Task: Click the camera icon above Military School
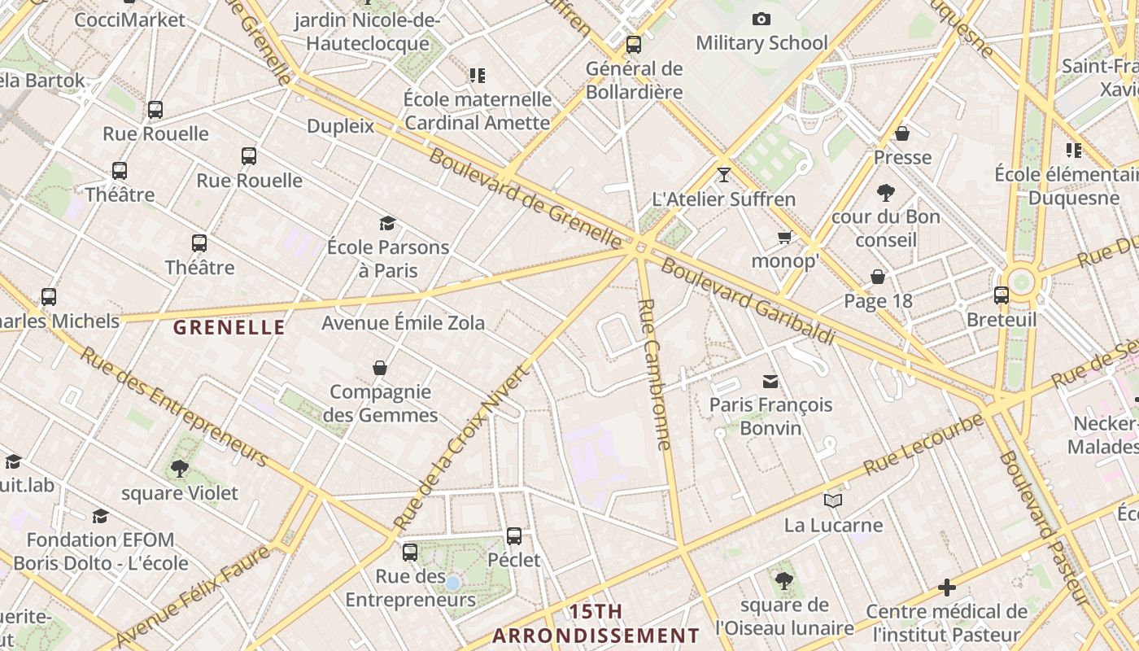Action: click(x=761, y=19)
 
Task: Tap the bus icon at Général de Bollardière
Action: click(x=634, y=45)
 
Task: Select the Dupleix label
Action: click(x=340, y=126)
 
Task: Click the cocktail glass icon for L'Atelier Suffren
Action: click(x=724, y=174)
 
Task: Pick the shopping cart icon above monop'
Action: click(x=784, y=237)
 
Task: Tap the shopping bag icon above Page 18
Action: click(x=878, y=277)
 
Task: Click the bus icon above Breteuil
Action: click(x=1002, y=295)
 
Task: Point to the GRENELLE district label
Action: click(x=229, y=328)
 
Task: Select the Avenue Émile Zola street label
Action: click(x=404, y=323)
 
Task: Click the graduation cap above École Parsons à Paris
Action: click(x=387, y=223)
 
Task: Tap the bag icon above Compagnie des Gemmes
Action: click(x=380, y=368)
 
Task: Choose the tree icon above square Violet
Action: click(x=180, y=468)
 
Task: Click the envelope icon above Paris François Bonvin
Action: click(x=770, y=381)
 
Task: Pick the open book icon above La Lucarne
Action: click(x=833, y=500)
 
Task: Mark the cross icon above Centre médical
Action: click(x=946, y=587)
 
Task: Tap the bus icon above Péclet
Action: click(x=514, y=535)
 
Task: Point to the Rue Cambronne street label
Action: click(x=655, y=374)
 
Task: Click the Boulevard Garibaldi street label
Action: click(x=747, y=301)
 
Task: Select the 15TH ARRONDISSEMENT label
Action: click(x=596, y=623)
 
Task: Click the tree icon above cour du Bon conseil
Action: click(x=886, y=193)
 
